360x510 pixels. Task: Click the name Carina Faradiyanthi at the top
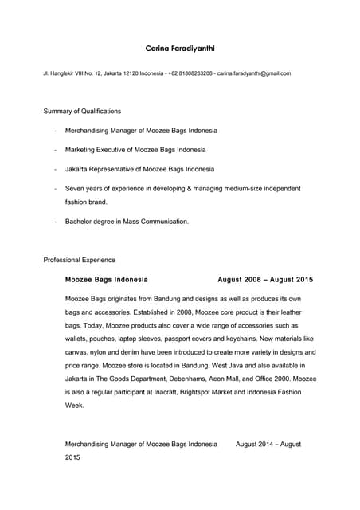pos(179,49)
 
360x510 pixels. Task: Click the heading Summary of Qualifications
pos(82,111)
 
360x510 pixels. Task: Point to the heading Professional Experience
pos(79,260)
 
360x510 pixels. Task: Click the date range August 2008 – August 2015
pos(265,280)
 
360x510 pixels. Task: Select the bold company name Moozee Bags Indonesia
pos(106,280)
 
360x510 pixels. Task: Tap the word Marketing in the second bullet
pos(82,150)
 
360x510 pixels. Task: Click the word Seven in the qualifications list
pos(75,189)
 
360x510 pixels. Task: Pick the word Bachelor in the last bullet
pos(80,222)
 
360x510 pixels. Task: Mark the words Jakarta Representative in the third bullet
pos(99,169)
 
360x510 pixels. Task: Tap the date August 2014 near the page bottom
pos(256,444)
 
